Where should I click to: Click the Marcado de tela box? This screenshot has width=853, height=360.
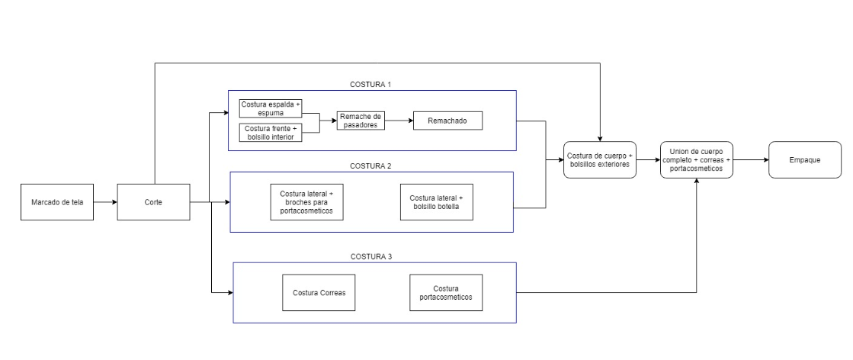click(57, 202)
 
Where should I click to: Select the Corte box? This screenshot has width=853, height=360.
click(153, 202)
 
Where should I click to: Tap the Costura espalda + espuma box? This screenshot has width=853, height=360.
click(271, 108)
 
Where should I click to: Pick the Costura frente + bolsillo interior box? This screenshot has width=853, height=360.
click(271, 133)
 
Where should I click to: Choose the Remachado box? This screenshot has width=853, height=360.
click(447, 121)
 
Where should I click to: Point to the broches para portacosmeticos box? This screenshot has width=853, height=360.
click(306, 202)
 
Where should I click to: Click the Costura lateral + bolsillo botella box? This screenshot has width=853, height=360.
click(437, 202)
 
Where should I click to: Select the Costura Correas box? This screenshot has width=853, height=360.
click(319, 292)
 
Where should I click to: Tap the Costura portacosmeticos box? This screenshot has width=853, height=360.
click(446, 292)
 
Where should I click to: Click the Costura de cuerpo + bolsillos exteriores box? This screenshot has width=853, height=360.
click(600, 159)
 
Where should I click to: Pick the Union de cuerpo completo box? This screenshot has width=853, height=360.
click(697, 159)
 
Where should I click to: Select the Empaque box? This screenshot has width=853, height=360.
click(804, 159)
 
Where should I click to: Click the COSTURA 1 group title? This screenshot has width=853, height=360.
click(371, 85)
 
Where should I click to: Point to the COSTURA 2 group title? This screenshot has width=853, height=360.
click(371, 166)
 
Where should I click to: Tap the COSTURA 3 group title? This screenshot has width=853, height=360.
click(371, 256)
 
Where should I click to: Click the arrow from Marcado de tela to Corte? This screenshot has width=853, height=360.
click(105, 202)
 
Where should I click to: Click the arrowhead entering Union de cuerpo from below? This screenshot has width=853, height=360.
click(697, 182)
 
